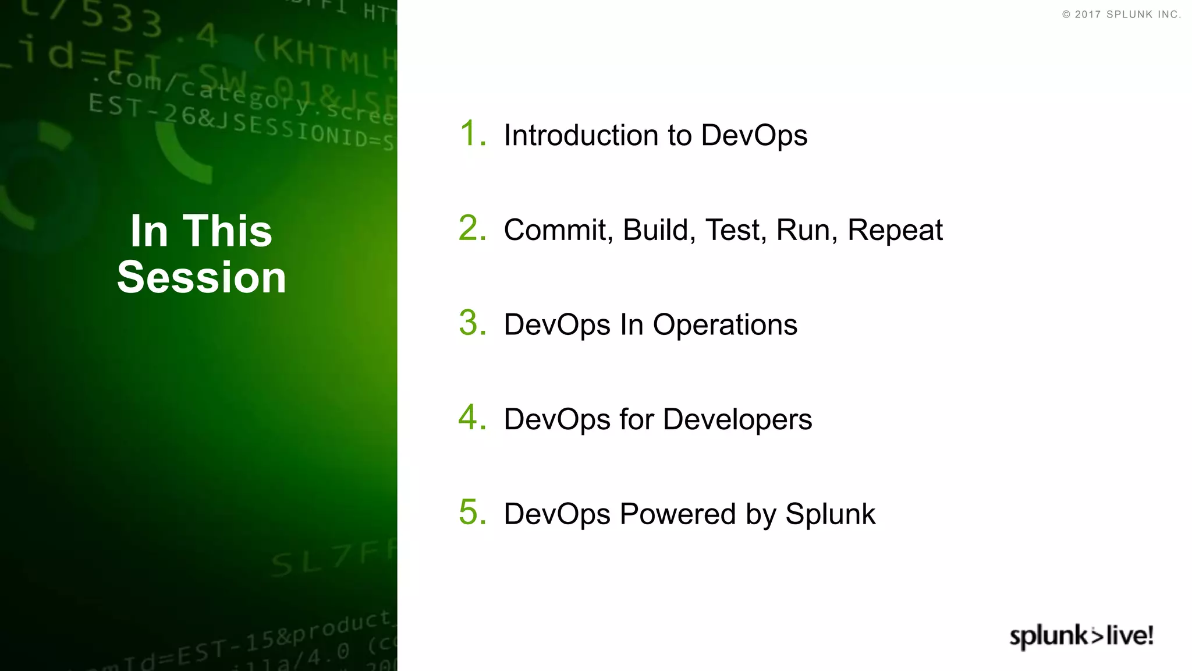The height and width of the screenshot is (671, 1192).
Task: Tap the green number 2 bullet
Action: click(x=471, y=228)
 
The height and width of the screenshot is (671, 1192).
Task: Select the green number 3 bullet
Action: click(x=471, y=323)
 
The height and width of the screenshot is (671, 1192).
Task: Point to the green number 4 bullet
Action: click(x=471, y=418)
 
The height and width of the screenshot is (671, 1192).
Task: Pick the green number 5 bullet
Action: click(x=471, y=513)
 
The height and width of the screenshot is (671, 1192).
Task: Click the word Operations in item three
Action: click(x=725, y=325)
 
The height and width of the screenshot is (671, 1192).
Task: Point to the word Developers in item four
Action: click(x=737, y=420)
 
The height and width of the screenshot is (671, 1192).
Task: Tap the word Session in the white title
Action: click(x=201, y=277)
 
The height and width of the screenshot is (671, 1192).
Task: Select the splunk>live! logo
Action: click(x=1081, y=636)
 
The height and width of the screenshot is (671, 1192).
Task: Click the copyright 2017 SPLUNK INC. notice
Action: click(x=1121, y=15)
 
